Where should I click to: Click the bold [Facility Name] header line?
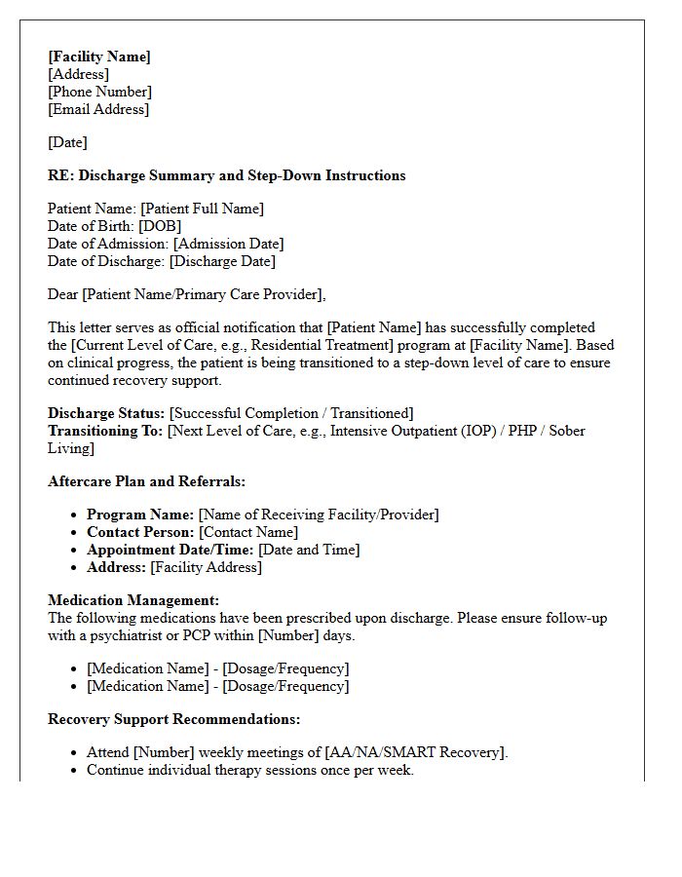pos(99,57)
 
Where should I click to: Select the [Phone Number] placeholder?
pos(99,92)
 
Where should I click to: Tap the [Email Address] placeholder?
pos(98,109)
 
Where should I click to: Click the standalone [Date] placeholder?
pos(67,142)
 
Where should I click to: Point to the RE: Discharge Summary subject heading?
pos(226,175)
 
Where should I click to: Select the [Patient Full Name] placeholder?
pos(202,209)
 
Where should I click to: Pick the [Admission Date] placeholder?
pos(229,244)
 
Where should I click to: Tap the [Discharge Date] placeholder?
pos(222,261)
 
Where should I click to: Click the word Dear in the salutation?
pos(63,294)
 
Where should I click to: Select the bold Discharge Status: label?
pos(106,413)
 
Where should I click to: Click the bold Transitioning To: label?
pos(105,431)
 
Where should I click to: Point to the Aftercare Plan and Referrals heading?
pos(146,481)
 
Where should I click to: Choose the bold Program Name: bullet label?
pos(140,515)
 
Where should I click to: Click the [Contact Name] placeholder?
pos(248,532)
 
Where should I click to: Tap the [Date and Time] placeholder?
pos(309,550)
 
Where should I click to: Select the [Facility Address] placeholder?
pos(206,567)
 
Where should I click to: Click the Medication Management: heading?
pos(133,600)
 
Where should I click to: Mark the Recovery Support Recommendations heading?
pos(173,719)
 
